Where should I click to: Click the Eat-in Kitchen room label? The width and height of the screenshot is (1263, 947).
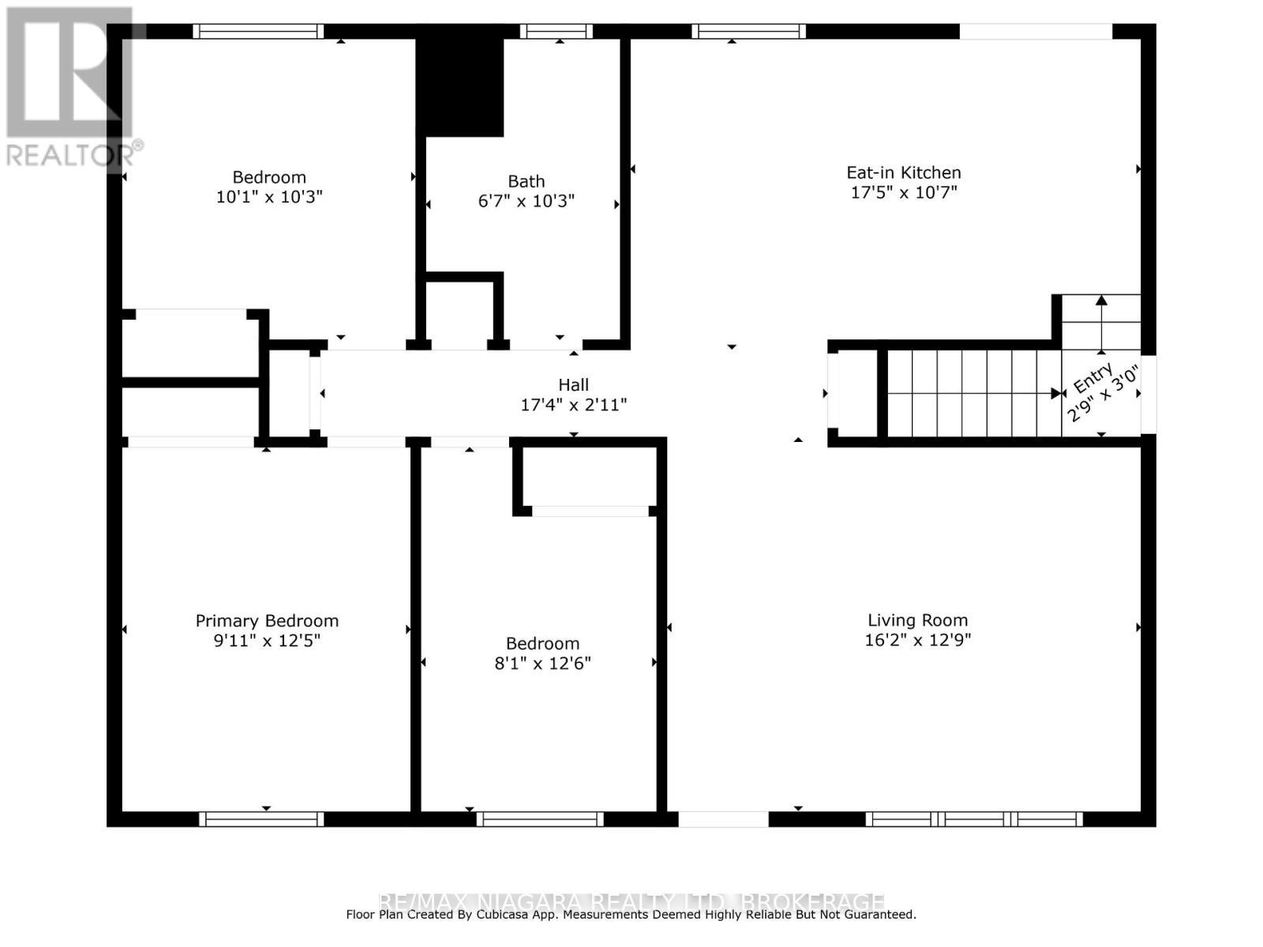point(903,172)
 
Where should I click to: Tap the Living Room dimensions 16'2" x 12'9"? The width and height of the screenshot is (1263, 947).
point(917,640)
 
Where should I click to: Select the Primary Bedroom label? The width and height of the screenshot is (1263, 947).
point(267,621)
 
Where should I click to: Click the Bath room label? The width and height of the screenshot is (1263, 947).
point(526,182)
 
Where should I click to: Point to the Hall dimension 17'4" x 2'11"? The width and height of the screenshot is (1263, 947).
point(573,405)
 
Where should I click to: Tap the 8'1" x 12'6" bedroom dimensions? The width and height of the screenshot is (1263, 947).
point(542,663)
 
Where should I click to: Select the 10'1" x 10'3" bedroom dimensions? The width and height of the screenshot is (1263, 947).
point(269,197)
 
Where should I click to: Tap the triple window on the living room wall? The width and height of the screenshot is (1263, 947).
point(974,819)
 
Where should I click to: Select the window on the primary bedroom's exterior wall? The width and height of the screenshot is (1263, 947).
point(261,819)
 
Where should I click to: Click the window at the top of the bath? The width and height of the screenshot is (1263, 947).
point(556,32)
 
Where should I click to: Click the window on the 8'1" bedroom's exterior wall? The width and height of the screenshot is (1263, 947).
point(540,819)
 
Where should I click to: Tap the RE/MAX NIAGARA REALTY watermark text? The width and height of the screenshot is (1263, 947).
point(631,901)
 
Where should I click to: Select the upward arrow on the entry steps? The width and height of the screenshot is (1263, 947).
point(1101,324)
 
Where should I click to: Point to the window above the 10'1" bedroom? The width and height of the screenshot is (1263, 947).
point(258,32)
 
